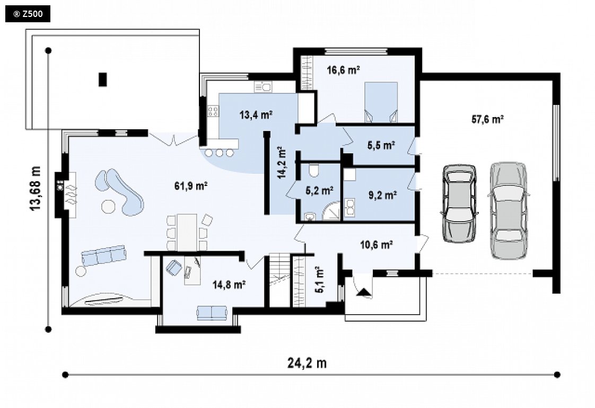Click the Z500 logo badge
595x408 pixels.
28,14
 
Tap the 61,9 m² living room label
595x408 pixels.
190,186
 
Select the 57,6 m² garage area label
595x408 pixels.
487,119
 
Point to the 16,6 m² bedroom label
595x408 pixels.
343,70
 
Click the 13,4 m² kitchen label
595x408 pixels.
256,114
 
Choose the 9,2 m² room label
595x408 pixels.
382,196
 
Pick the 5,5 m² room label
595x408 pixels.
381,145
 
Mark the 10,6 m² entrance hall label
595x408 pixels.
376,245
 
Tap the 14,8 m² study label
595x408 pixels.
229,285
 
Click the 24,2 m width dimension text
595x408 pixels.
307,363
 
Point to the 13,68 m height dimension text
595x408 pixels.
35,189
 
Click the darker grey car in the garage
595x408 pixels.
460,203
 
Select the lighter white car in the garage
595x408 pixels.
509,211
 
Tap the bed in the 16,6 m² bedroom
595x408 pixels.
381,102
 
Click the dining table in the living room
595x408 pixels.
187,233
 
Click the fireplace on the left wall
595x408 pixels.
65,195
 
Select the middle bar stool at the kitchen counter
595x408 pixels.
220,153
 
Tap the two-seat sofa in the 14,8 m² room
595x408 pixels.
212,313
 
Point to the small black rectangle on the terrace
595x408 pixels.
103,79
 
